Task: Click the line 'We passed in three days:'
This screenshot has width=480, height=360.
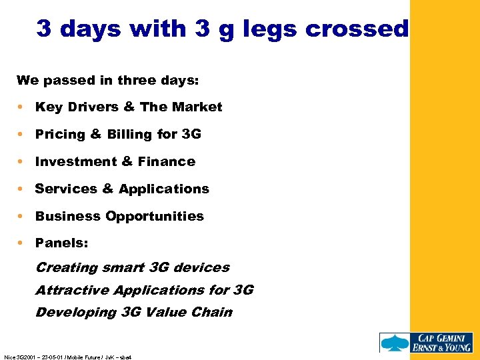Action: [x=107, y=80]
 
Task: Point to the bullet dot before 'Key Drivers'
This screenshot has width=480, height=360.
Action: [x=23, y=107]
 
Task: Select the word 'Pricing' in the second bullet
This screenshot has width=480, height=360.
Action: [x=60, y=135]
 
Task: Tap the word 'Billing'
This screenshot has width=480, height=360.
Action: [x=129, y=135]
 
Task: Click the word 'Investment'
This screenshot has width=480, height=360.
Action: [x=73, y=161]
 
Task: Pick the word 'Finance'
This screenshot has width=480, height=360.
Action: [x=167, y=161]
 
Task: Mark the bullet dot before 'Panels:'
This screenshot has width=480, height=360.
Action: [x=23, y=243]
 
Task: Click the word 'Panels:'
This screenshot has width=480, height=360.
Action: [x=61, y=243]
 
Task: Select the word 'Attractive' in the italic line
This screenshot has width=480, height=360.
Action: [x=72, y=290]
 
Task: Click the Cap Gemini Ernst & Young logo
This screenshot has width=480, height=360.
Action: [x=426, y=342]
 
